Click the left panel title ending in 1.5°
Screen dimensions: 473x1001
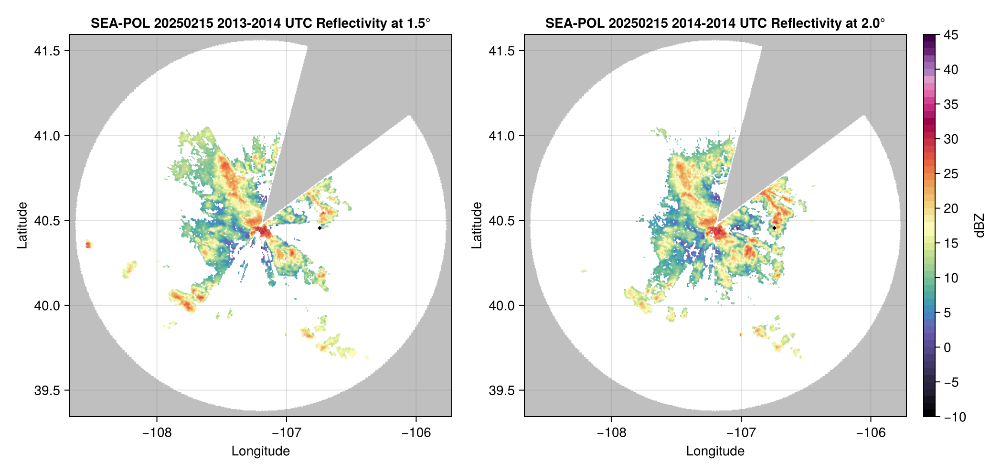click(x=260, y=23)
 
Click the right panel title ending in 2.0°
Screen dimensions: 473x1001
click(x=715, y=23)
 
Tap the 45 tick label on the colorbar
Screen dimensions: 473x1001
click(x=950, y=35)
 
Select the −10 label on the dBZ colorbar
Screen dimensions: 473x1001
click(x=955, y=417)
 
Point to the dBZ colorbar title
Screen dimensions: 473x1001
click(x=980, y=226)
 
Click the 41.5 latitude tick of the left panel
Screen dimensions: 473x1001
click(x=47, y=51)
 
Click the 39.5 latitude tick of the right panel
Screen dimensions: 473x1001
click(x=501, y=390)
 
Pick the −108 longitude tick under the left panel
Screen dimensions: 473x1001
click(x=157, y=432)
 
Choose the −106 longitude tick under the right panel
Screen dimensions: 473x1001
click(x=871, y=432)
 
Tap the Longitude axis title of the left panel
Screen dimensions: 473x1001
click(x=260, y=451)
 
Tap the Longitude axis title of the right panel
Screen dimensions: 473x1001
click(x=715, y=451)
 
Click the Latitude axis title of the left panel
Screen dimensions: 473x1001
click(x=22, y=226)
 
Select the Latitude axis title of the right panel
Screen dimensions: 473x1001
click(x=477, y=226)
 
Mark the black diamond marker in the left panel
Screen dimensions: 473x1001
click(x=319, y=228)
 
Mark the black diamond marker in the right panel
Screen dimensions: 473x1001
click(x=774, y=228)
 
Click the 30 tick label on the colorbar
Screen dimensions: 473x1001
click(x=950, y=140)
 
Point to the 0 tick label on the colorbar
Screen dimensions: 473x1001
click(x=948, y=348)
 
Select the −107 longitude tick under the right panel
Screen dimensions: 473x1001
click(x=741, y=432)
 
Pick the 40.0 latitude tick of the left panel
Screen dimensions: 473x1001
click(x=47, y=306)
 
